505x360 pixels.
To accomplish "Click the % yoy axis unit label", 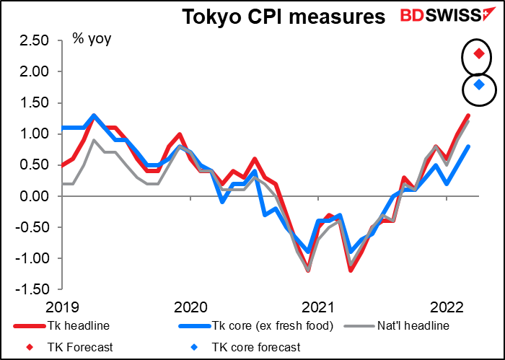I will click(x=91, y=38).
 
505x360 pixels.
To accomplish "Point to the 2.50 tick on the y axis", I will click(x=35, y=41).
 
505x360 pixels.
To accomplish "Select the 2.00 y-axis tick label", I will click(x=35, y=72).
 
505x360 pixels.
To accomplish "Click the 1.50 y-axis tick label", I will click(x=35, y=103).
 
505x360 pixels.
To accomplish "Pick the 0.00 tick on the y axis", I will click(x=35, y=196).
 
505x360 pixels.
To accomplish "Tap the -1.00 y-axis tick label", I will click(x=32, y=258).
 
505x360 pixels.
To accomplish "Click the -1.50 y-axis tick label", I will click(x=32, y=289).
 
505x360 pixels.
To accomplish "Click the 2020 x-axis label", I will click(x=190, y=305).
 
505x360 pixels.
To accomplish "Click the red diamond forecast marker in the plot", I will click(x=478, y=53).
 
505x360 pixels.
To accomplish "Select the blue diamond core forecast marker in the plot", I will click(x=478, y=85).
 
